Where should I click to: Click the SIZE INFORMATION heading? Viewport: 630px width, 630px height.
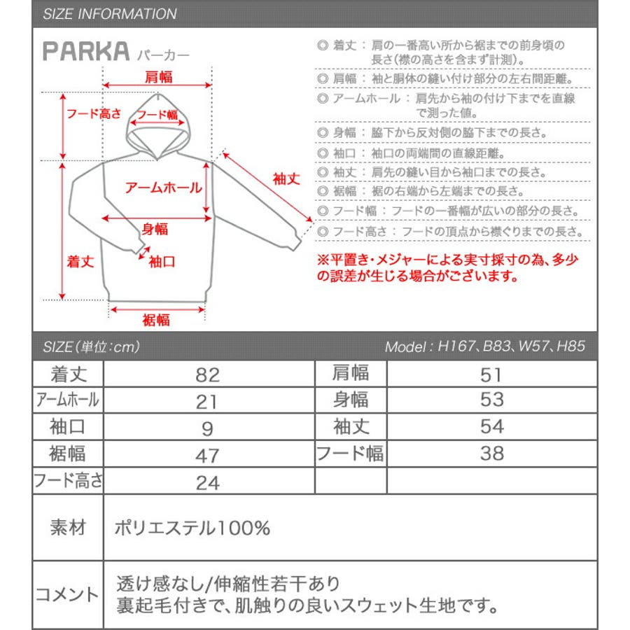pos(109,14)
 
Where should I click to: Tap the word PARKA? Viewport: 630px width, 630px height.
pos(86,50)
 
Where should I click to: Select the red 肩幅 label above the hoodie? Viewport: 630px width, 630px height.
pos(158,77)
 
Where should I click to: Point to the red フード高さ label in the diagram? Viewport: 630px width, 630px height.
pos(94,113)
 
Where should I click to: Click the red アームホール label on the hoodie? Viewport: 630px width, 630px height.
pos(163,188)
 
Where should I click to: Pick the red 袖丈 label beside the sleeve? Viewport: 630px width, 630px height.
pos(286,178)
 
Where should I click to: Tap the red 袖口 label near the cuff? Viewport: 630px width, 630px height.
pos(162,261)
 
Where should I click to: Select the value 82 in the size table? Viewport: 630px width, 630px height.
pos(208,374)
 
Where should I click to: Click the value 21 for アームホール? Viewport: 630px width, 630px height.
pos(208,401)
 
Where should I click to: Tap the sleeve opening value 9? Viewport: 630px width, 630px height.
pos(208,428)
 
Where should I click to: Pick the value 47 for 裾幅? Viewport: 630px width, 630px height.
pos(208,455)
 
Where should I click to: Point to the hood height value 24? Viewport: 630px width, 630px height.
pos(208,482)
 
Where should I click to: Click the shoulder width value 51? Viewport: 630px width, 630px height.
pos(492,374)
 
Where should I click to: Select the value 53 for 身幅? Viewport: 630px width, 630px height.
pos(492,400)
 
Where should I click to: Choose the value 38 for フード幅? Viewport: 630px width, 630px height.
pos(492,454)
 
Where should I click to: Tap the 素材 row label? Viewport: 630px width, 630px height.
pos(67,528)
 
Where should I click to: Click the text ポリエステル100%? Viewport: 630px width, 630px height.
pos(192,528)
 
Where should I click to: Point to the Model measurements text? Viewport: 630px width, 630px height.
pos(484,346)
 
